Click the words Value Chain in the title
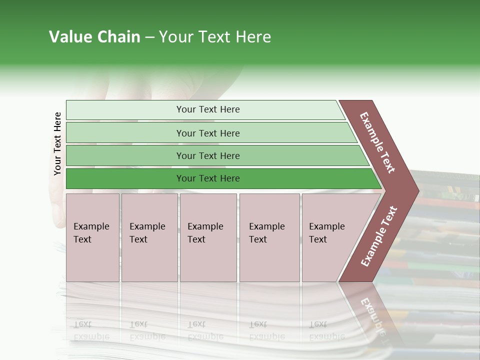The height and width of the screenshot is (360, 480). click(94, 37)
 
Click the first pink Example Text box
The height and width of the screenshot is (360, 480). click(92, 260)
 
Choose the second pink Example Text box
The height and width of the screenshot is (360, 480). click(149, 260)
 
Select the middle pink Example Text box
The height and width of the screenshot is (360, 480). click(208, 260)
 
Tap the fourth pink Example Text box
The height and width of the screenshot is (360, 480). click(269, 260)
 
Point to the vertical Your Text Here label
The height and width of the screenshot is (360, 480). click(57, 143)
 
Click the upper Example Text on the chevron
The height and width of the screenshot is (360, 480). click(377, 142)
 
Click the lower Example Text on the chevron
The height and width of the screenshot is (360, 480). click(379, 236)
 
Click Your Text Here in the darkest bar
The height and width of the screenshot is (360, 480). click(208, 178)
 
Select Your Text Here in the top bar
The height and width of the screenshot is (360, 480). click(208, 109)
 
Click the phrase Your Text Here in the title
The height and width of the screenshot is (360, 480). click(215, 37)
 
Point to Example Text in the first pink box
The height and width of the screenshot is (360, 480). click(91, 233)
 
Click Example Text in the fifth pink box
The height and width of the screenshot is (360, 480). click(326, 233)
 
